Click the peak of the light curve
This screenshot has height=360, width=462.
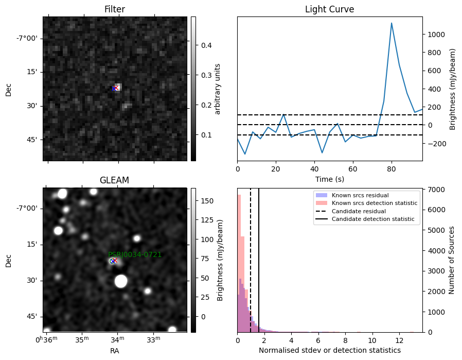(x=392, y=23)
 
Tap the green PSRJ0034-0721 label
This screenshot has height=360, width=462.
(x=135, y=254)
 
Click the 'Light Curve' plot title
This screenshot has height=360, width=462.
(x=329, y=9)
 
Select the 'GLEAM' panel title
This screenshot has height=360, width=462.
(x=114, y=180)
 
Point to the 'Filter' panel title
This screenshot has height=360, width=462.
(x=115, y=9)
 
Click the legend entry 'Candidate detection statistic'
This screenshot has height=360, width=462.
(x=373, y=219)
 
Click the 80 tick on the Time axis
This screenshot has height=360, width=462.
(x=392, y=169)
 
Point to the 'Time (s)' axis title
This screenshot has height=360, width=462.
(x=330, y=179)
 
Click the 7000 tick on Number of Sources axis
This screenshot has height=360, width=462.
(x=436, y=190)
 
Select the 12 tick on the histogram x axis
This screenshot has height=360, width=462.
(x=399, y=340)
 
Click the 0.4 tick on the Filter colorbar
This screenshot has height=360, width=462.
(x=206, y=45)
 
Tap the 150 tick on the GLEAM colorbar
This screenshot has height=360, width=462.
(x=207, y=201)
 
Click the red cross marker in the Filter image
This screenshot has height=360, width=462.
(x=116, y=88)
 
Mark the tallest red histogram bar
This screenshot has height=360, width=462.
(x=239, y=263)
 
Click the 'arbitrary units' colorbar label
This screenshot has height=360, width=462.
(x=218, y=89)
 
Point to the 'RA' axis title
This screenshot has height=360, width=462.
(x=115, y=351)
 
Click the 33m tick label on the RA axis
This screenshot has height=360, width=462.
(x=153, y=339)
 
